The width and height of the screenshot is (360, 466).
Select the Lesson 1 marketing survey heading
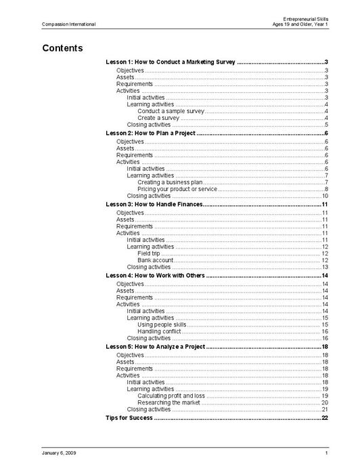(x=171, y=62)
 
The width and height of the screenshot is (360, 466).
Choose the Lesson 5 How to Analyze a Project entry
(x=156, y=346)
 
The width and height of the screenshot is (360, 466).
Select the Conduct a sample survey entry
(x=171, y=110)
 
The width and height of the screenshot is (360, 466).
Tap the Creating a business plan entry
(x=169, y=182)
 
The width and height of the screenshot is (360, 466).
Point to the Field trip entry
(x=148, y=253)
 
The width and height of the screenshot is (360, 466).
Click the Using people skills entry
(x=161, y=324)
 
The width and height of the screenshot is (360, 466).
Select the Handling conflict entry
(x=160, y=331)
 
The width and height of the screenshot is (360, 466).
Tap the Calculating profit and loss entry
(x=171, y=395)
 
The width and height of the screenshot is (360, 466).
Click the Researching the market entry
(x=168, y=402)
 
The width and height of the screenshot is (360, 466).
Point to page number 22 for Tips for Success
(x=325, y=418)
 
